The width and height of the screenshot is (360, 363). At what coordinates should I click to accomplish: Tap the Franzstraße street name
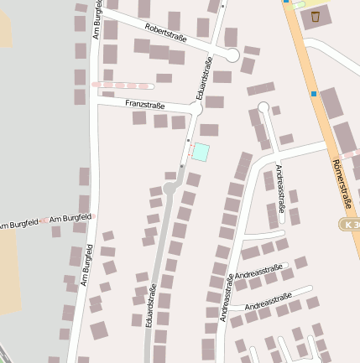click(x=144, y=104)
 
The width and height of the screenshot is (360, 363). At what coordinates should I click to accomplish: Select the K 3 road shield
click(x=352, y=225)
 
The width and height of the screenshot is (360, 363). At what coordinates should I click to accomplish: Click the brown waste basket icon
click(x=315, y=16)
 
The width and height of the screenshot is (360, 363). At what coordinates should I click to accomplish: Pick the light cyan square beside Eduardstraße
click(x=201, y=152)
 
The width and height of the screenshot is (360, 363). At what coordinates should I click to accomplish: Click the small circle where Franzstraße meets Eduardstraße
click(x=196, y=109)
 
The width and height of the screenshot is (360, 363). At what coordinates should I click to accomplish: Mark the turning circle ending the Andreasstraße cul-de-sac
click(x=263, y=106)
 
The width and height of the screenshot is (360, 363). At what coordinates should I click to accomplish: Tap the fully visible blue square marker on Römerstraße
click(x=314, y=94)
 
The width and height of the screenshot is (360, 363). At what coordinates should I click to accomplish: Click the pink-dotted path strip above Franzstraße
click(x=123, y=85)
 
